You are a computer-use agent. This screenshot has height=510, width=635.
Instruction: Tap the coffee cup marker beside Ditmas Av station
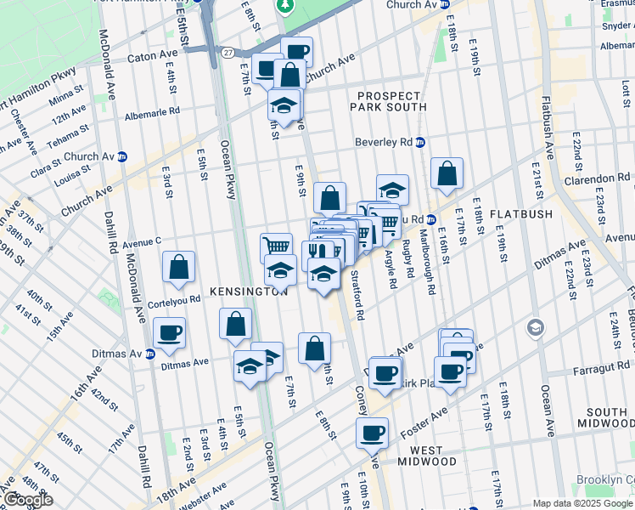click(x=170, y=331)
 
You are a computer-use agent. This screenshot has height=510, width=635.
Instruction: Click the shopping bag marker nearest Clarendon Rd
click(x=447, y=173)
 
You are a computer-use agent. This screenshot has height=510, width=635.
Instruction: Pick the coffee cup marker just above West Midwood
click(x=372, y=433)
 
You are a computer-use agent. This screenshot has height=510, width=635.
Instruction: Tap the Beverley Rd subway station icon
click(x=420, y=142)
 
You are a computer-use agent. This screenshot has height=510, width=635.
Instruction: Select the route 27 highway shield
click(x=227, y=53)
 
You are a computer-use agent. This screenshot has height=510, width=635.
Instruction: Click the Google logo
click(x=27, y=500)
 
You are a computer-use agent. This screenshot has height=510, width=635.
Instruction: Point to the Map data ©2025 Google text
click(x=582, y=503)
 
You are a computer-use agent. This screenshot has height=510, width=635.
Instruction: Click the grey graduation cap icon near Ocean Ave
click(x=536, y=326)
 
